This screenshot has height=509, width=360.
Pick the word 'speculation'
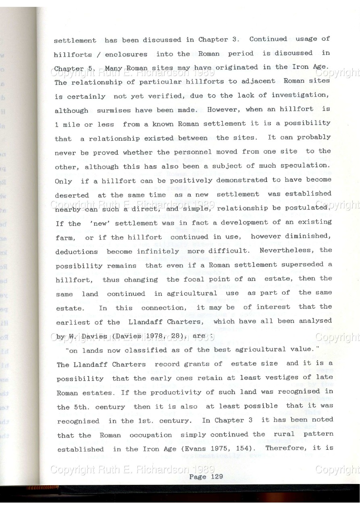pos(306,165)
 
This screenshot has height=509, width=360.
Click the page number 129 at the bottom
pos(214,476)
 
